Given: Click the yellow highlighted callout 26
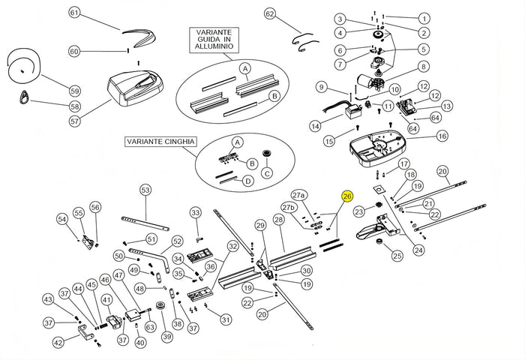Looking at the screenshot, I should pyautogui.click(x=346, y=196).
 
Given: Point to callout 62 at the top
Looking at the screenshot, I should pyautogui.click(x=270, y=13).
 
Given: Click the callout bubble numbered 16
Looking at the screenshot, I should pyautogui.click(x=442, y=136).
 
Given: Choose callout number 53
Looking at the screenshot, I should pyautogui.click(x=145, y=190).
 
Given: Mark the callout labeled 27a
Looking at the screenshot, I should pyautogui.click(x=299, y=195).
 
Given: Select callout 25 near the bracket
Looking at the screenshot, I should pyautogui.click(x=397, y=256).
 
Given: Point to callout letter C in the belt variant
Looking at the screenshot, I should pyautogui.click(x=267, y=175).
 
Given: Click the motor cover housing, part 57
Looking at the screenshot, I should pyautogui.click(x=136, y=85).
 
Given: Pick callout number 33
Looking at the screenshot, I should pyautogui.click(x=196, y=213).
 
